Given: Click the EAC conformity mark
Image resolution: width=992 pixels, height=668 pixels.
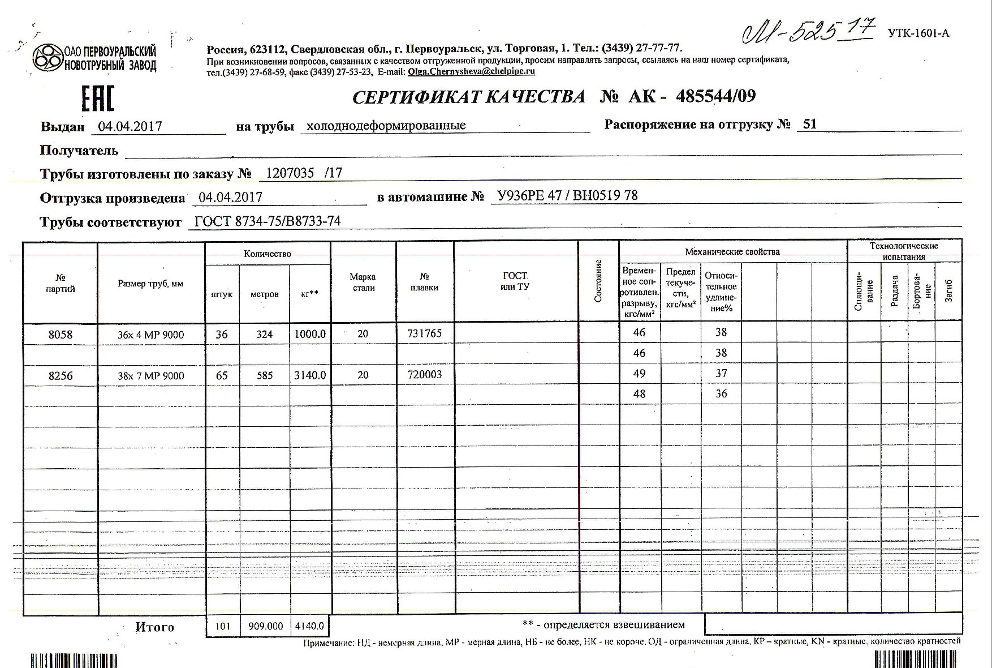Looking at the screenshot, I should (98, 98).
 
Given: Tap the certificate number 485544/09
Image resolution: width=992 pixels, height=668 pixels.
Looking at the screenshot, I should (715, 96).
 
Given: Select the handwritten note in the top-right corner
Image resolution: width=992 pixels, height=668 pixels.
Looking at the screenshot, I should (808, 31).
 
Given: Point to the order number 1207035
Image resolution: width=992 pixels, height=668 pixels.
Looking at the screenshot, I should (290, 173).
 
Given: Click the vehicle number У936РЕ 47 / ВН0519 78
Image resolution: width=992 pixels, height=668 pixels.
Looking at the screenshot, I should (567, 196).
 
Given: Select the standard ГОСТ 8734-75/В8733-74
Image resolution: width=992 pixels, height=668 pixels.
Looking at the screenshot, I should (268, 221).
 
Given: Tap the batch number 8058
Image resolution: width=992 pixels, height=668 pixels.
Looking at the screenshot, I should (61, 335).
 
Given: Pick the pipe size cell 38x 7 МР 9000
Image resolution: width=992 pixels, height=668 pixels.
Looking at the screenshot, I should (150, 376).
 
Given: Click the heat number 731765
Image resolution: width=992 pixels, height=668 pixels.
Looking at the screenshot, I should (424, 333).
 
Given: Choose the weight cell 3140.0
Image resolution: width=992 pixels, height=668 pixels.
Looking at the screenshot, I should (310, 375).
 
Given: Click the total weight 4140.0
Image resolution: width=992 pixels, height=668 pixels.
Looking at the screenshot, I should (309, 626).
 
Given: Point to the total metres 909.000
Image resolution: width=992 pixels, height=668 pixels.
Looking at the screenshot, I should (265, 626).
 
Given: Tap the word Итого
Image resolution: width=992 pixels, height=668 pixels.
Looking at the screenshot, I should (154, 627).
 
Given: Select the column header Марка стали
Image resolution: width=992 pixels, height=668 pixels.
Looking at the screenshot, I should (363, 282).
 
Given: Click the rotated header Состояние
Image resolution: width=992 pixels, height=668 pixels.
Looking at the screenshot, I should (598, 281).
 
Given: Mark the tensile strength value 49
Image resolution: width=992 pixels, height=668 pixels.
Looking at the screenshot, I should (639, 374).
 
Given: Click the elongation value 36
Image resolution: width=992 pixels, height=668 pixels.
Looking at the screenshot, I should (721, 393).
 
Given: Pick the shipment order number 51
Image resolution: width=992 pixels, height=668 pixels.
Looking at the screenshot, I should (809, 124).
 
